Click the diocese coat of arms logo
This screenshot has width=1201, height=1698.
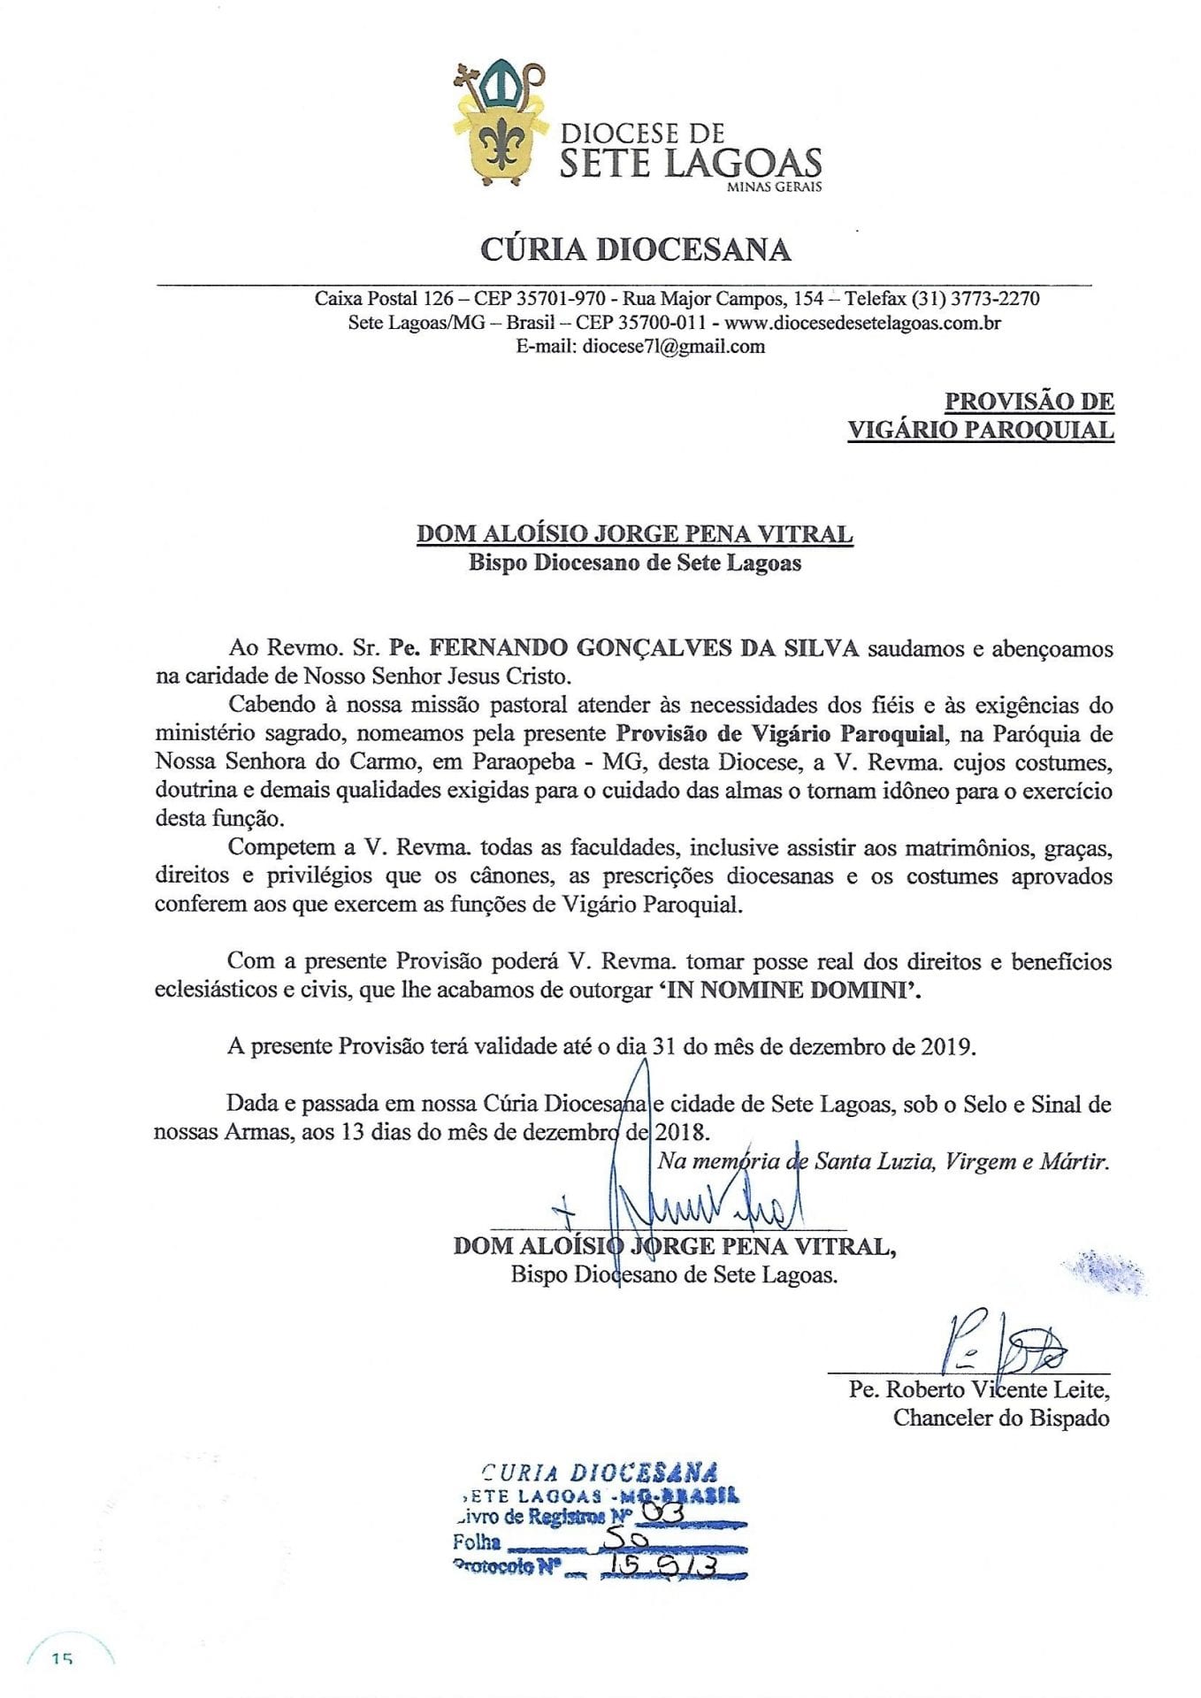(x=501, y=123)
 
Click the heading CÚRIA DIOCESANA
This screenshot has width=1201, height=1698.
(x=635, y=249)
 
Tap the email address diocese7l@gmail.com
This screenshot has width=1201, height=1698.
(x=674, y=347)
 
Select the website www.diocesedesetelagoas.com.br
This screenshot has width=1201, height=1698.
(x=862, y=323)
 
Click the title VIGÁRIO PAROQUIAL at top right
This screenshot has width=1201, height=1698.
(x=980, y=430)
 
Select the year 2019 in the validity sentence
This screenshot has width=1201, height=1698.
(x=948, y=1047)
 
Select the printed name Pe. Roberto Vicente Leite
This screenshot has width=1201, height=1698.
(x=978, y=1389)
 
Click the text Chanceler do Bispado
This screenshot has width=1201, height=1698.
(x=1000, y=1418)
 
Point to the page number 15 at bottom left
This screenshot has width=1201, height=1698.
(x=62, y=1660)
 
